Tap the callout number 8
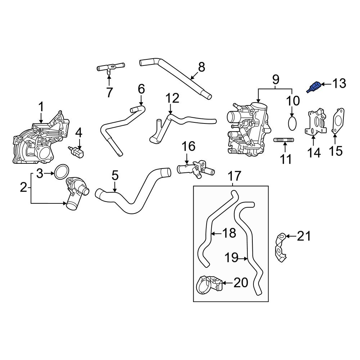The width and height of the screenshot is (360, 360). (x=201, y=67)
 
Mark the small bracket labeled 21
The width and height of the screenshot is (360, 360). (x=280, y=246)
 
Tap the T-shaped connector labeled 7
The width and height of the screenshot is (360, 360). (x=110, y=67)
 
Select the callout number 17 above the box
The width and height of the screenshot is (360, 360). (x=234, y=176)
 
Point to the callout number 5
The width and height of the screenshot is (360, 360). (x=114, y=176)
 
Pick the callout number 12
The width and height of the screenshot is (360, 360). (x=172, y=98)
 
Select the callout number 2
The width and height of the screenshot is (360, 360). (x=23, y=187)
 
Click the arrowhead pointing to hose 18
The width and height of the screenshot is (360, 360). (x=213, y=233)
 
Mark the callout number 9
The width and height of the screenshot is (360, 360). (x=275, y=78)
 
